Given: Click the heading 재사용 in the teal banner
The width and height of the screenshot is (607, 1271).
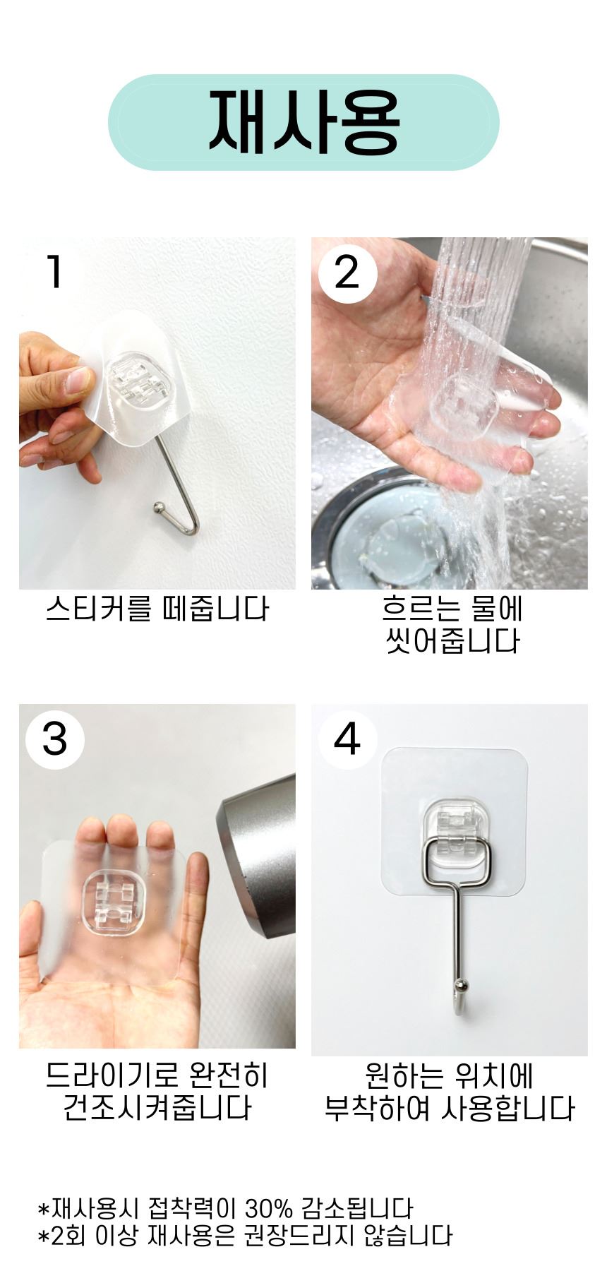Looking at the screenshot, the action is click(303, 121).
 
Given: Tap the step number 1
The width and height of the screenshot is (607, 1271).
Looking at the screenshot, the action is click(54, 272).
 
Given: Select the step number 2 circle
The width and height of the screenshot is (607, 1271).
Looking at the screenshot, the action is click(347, 273).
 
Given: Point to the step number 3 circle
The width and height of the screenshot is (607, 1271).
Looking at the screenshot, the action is click(55, 739).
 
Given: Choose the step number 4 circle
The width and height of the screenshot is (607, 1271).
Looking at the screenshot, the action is click(347, 739).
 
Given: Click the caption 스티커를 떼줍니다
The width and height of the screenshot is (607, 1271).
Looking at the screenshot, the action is click(157, 609).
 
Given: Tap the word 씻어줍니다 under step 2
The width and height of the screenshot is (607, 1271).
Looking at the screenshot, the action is click(452, 641).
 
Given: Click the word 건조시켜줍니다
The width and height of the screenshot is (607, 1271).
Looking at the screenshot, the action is click(157, 1107).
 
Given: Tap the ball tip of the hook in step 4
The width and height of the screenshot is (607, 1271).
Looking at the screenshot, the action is click(461, 985).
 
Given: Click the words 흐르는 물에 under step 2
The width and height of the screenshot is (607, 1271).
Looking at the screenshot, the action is click(452, 609).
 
